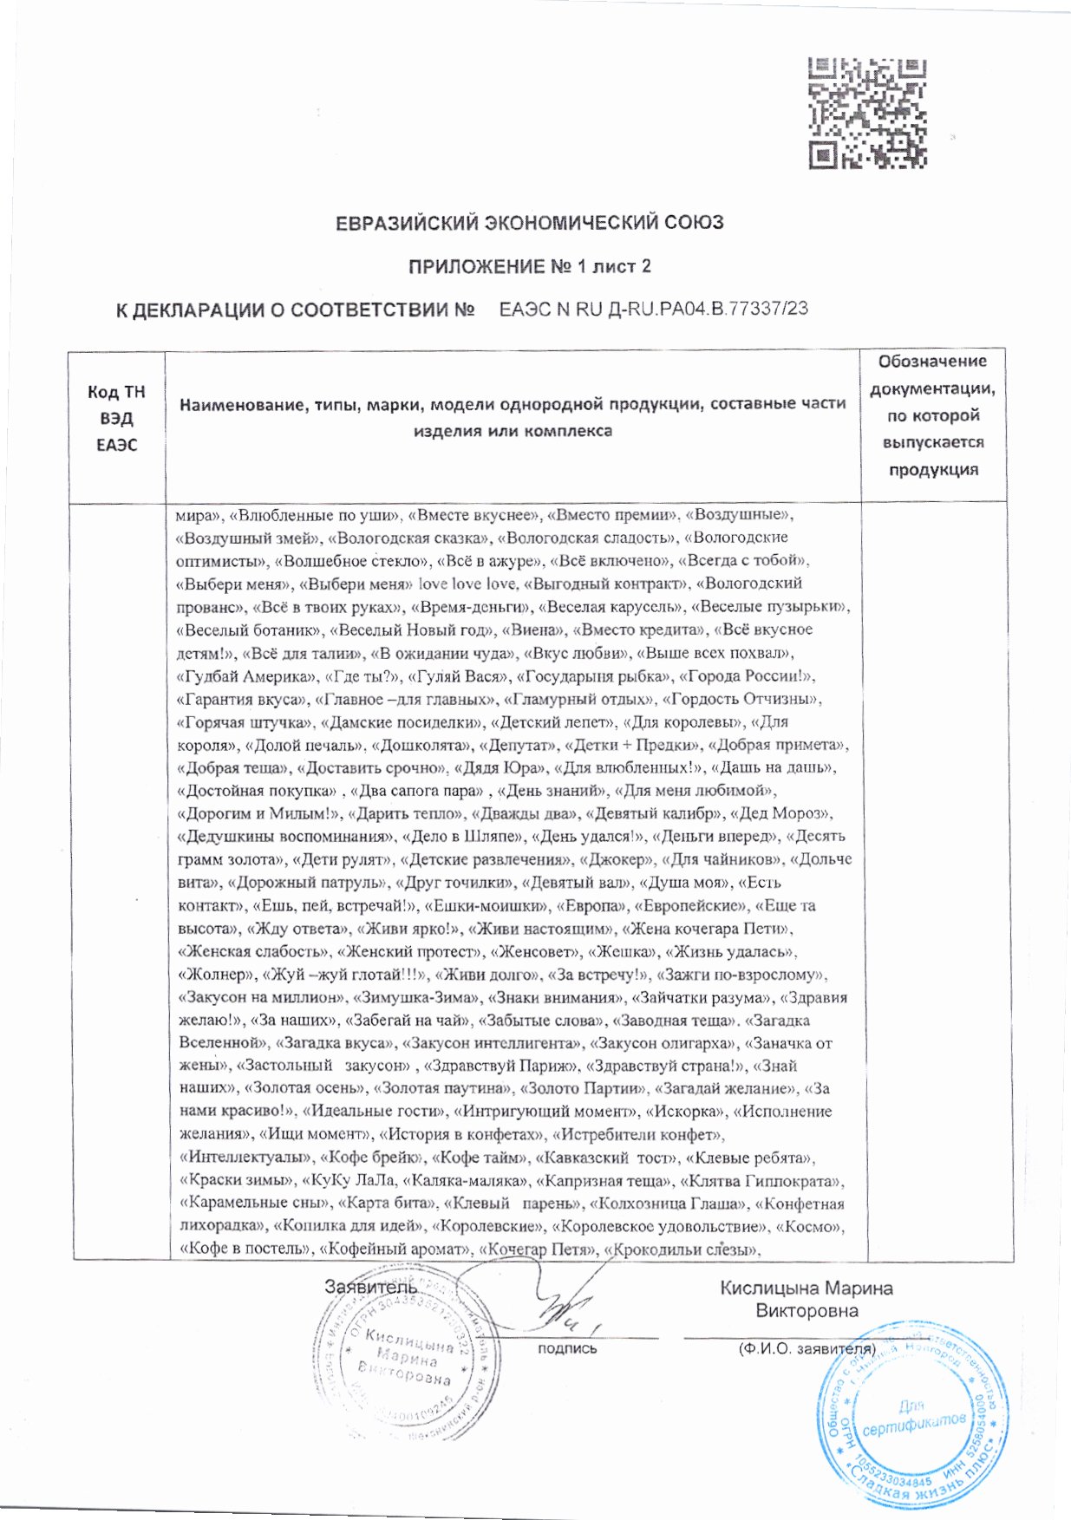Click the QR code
coord(867,113)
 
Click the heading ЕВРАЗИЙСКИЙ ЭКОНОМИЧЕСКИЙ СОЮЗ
coord(529,223)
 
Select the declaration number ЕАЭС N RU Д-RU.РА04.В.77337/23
coord(654,309)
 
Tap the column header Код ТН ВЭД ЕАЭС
coord(116,418)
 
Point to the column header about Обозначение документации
coord(932,414)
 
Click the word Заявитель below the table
coord(370,1287)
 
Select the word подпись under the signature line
coord(567,1348)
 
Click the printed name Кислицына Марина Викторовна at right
coord(806,1299)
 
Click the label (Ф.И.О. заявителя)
coord(805,1349)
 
